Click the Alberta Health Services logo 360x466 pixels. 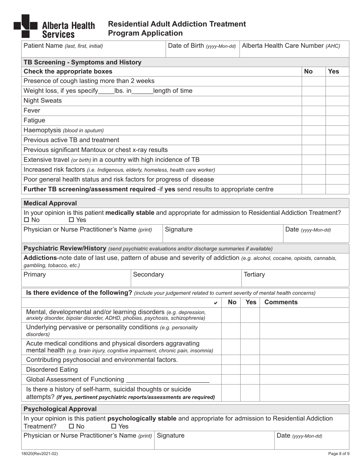[x=54, y=27]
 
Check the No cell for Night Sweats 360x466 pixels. [x=313, y=101]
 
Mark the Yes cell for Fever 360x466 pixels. [x=337, y=111]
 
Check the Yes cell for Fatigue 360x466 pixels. [x=337, y=120]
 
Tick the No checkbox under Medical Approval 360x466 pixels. [x=27, y=220]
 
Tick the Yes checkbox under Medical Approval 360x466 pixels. [x=71, y=220]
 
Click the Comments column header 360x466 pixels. [x=281, y=302]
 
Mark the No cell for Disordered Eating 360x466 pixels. [x=231, y=370]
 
